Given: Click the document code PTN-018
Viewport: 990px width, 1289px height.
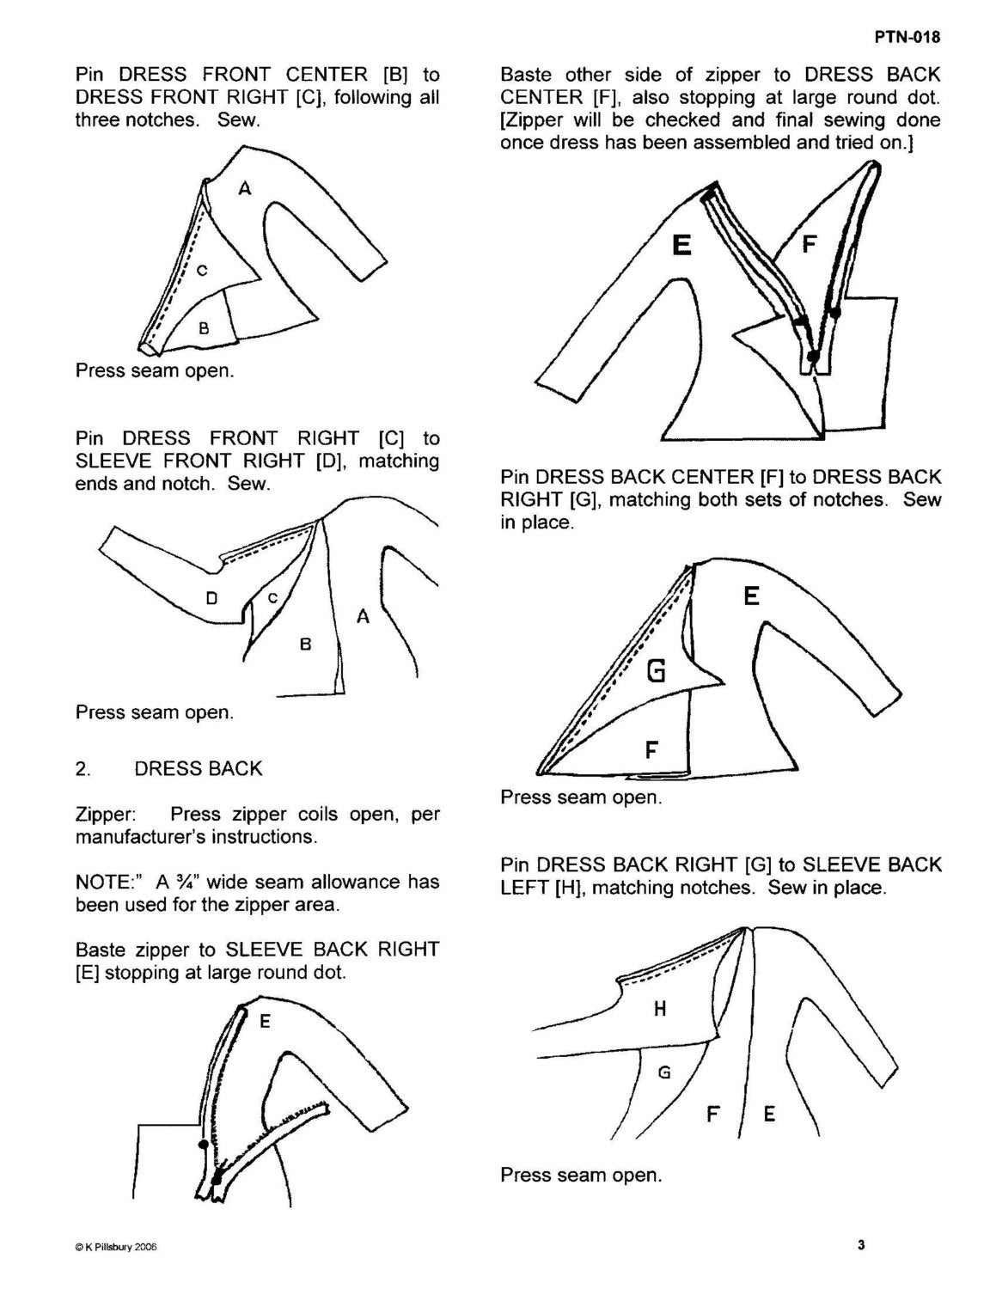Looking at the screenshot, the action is [907, 37].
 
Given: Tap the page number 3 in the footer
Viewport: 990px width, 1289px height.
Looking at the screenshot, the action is [861, 1244].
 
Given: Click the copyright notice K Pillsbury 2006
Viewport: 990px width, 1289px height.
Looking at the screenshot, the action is [116, 1247].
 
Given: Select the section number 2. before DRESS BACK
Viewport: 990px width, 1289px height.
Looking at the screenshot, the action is [83, 769].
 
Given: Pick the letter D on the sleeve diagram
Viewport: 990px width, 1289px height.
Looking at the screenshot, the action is [211, 599].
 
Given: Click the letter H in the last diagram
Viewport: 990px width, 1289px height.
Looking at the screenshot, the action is [660, 1008].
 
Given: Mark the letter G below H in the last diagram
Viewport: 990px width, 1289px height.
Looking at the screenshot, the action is [664, 1072].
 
